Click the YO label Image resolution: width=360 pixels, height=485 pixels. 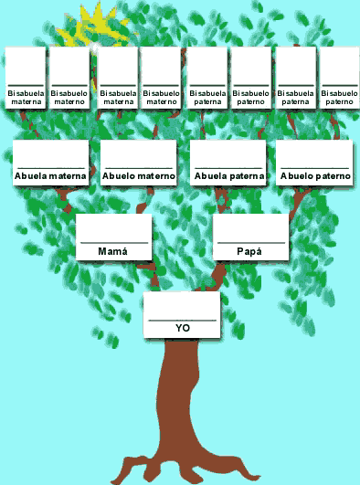click(182, 327)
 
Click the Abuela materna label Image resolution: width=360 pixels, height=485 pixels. click(50, 175)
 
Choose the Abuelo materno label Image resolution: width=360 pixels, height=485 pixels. click(138, 175)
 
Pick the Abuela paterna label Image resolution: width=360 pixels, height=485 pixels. click(228, 175)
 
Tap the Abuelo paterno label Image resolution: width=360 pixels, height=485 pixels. click(315, 175)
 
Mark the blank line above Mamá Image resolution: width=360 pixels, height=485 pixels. click(113, 242)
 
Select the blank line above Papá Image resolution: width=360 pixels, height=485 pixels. click(249, 242)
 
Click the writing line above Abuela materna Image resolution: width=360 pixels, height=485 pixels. click(50, 167)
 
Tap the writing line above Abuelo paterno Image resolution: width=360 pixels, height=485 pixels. click(315, 167)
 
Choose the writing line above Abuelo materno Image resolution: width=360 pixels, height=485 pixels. click(138, 167)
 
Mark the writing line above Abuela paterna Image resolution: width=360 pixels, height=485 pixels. click(228, 167)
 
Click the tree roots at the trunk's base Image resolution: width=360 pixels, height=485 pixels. click(183, 466)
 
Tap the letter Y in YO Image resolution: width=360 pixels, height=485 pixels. click(178, 327)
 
